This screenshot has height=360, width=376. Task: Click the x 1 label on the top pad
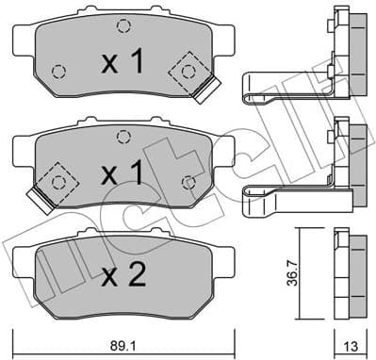[123, 63]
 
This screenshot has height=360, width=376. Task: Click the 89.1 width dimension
[123, 343]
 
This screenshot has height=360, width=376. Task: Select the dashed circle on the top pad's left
[58, 72]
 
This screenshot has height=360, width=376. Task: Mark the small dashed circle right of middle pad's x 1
[188, 181]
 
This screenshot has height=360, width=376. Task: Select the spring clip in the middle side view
[283, 193]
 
